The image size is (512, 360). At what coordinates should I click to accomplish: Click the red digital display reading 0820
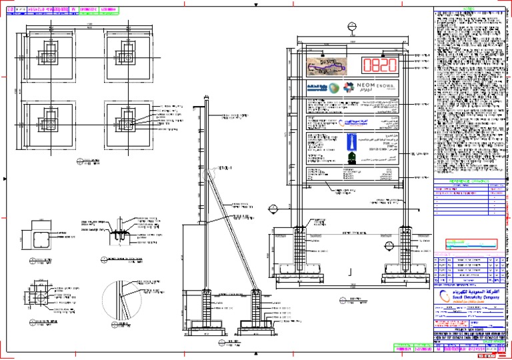tap(379, 65)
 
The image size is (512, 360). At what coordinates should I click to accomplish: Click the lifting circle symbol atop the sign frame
tap(353, 27)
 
